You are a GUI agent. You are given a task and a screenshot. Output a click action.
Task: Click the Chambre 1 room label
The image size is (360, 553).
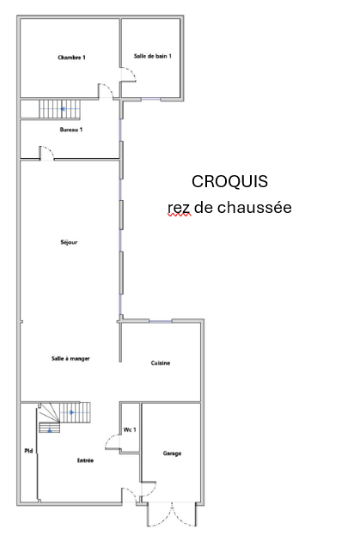pyautogui.click(x=71, y=58)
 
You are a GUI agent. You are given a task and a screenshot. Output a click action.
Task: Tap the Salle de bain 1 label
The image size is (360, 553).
pyautogui.click(x=153, y=56)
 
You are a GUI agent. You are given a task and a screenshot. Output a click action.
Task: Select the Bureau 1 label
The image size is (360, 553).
pyautogui.click(x=71, y=130)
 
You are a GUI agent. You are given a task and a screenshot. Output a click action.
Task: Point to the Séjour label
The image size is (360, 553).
pyautogui.click(x=69, y=242)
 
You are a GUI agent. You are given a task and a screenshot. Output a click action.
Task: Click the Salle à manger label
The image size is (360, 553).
pyautogui.click(x=70, y=359)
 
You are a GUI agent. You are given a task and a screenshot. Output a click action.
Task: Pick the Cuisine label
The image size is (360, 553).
pyautogui.click(x=161, y=363)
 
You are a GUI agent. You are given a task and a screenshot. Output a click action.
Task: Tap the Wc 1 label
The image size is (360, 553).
pyautogui.click(x=130, y=429)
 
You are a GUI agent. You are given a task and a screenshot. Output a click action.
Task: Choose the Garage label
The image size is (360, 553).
pyautogui.click(x=172, y=453)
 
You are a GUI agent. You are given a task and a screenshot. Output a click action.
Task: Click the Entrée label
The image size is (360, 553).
pyautogui.click(x=85, y=460)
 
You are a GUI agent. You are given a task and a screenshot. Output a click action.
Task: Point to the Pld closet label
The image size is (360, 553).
pyautogui.click(x=28, y=451)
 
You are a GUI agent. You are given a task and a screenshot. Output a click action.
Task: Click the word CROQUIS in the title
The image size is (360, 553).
pyautogui.click(x=229, y=181)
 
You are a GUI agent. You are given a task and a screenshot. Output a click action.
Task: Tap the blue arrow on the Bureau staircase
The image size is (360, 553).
pyautogui.click(x=63, y=109)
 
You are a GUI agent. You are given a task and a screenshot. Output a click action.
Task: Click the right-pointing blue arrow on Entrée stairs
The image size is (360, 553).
pyautogui.click(x=72, y=412)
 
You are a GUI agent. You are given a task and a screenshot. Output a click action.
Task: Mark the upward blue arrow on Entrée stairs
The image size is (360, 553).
pyautogui.click(x=50, y=430)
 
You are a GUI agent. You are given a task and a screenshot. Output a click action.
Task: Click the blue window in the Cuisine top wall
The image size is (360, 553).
pyautogui.click(x=161, y=321)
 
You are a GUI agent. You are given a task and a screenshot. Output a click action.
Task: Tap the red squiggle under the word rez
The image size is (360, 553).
pyautogui.click(x=180, y=215)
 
